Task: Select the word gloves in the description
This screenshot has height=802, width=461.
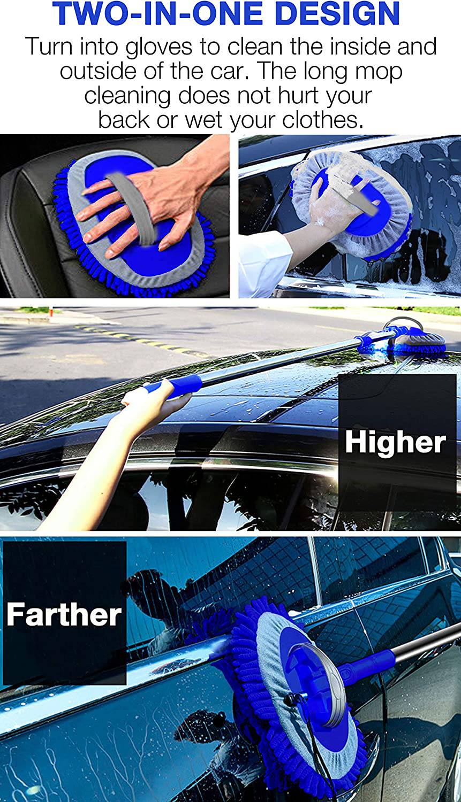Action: point(159,47)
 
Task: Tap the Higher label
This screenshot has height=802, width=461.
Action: point(395,443)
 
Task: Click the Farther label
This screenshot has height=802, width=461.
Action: point(64,614)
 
